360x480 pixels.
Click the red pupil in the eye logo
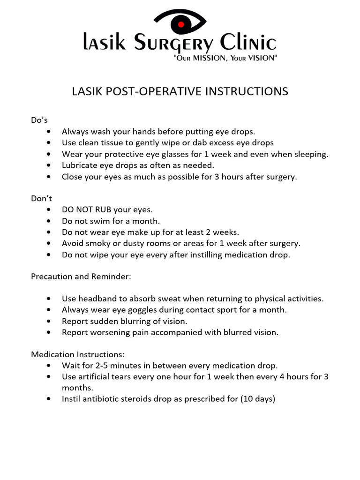(x=180, y=23)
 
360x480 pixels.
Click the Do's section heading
(x=39, y=120)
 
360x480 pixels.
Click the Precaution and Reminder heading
(x=81, y=277)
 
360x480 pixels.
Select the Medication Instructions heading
(x=78, y=354)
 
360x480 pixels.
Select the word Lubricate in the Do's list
(x=80, y=165)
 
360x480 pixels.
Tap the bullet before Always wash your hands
(x=50, y=132)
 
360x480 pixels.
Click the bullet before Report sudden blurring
(x=50, y=322)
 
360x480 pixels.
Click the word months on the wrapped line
(x=77, y=388)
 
